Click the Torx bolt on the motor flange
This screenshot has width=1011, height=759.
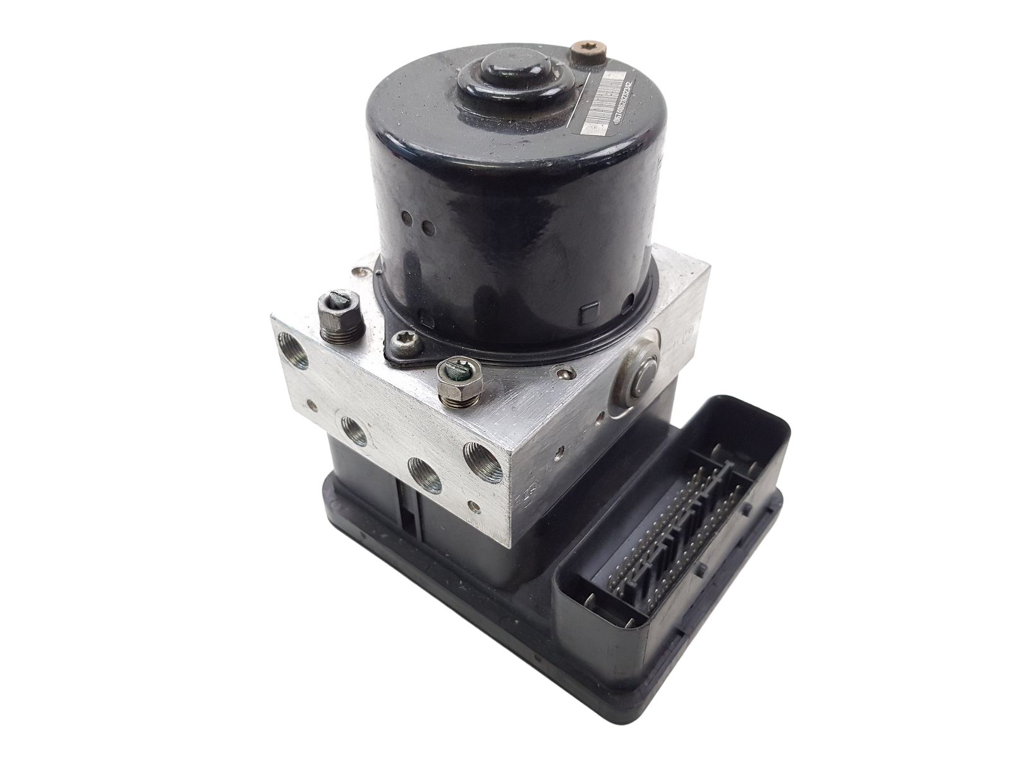tap(399, 345)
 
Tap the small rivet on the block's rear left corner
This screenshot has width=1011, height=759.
tap(360, 273)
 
